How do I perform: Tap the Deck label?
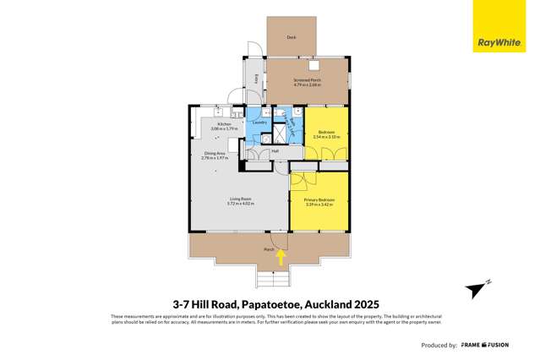pyautogui.click(x=292, y=38)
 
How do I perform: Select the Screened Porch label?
pyautogui.click(x=307, y=79)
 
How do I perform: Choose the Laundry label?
pyautogui.click(x=260, y=123)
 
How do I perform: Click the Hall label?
pyautogui.click(x=275, y=151)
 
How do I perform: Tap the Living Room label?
pyautogui.click(x=240, y=199)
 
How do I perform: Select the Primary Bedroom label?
pyautogui.click(x=319, y=199)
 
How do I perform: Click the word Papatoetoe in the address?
pyautogui.click(x=269, y=303)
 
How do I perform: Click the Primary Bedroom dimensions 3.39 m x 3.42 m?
pyautogui.click(x=319, y=204)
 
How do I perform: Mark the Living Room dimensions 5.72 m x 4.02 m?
pyautogui.click(x=240, y=204)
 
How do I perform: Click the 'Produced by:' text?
pyautogui.click(x=439, y=346)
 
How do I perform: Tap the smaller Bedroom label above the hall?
pyautogui.click(x=326, y=132)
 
